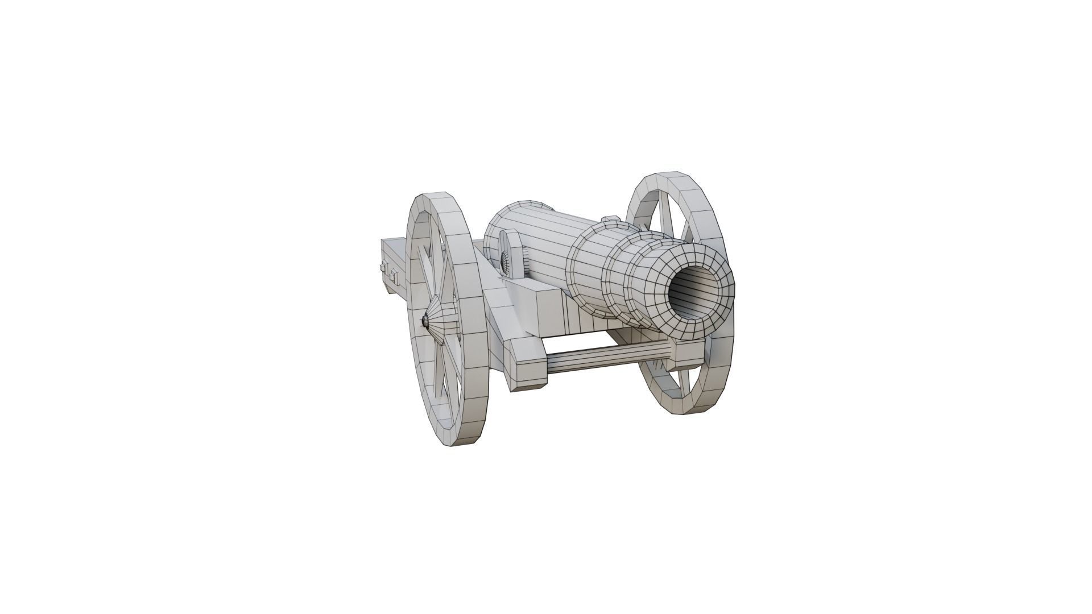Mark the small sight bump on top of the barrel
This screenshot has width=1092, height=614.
click(609, 219)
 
